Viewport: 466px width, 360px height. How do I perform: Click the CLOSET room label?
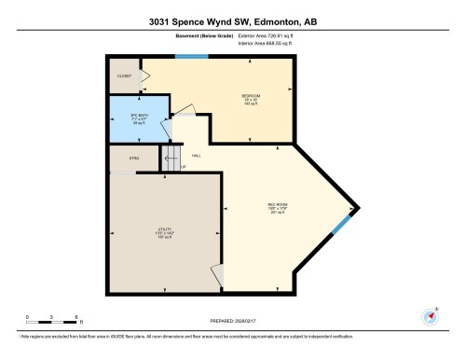(123, 76)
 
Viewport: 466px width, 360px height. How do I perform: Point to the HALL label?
(197, 155)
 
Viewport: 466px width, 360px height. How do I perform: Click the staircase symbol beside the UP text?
(171, 156)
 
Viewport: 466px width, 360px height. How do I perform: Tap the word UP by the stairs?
(184, 167)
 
